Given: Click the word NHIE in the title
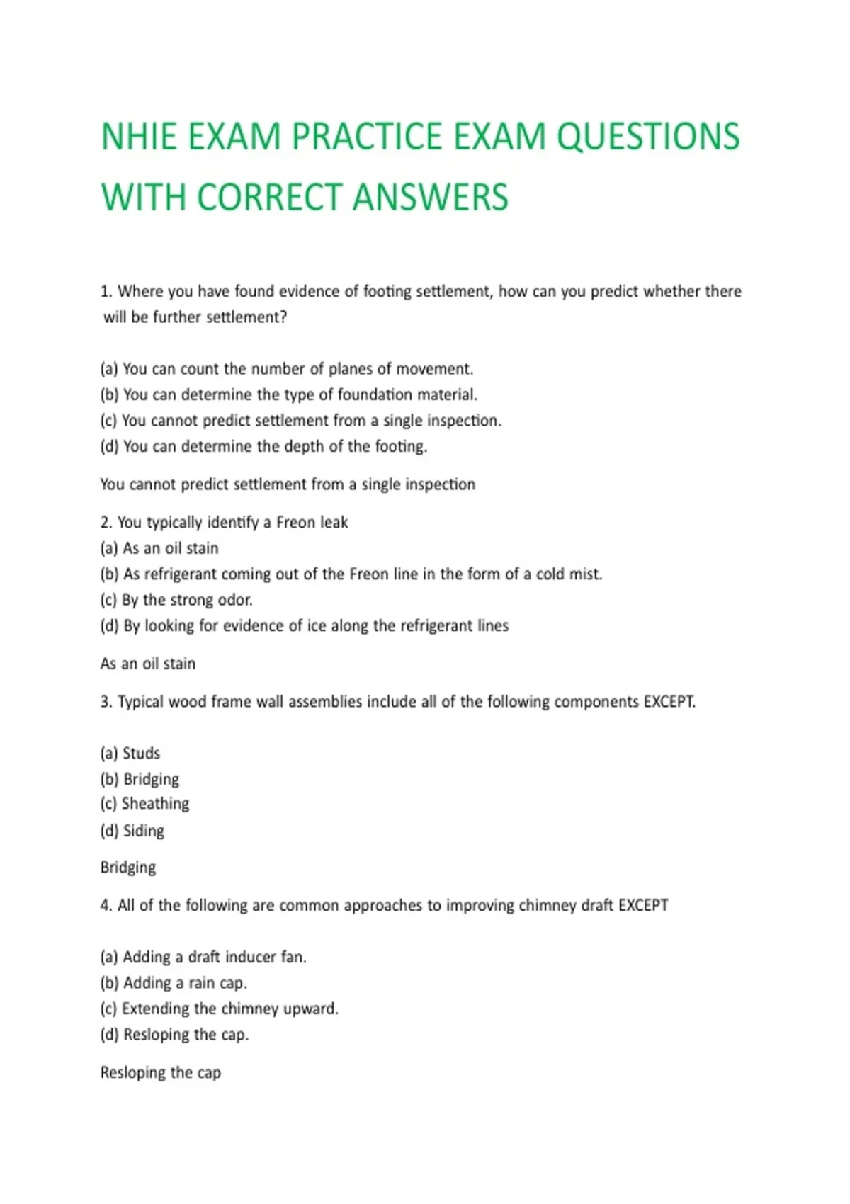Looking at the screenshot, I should click(x=139, y=137).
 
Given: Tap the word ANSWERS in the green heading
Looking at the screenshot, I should click(x=430, y=198).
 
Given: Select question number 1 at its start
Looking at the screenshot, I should click(x=106, y=292).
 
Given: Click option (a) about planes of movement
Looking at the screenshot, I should click(x=286, y=369).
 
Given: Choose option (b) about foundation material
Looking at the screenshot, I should click(x=288, y=394).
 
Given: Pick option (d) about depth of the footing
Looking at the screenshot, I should click(x=263, y=446).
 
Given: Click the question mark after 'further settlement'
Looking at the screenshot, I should click(x=283, y=317).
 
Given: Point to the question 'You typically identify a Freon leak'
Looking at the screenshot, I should click(x=224, y=523).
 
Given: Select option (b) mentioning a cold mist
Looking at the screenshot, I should click(x=351, y=574).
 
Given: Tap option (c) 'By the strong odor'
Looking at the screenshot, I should click(x=176, y=600).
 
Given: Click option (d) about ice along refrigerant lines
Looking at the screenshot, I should click(x=304, y=626).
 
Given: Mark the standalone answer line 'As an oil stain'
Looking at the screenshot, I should click(x=147, y=664).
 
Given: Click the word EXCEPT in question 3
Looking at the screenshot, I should click(x=669, y=702).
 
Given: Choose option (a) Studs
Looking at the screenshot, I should click(x=130, y=754).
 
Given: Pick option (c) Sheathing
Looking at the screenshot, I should click(x=144, y=804).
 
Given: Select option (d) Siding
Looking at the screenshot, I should click(x=132, y=831).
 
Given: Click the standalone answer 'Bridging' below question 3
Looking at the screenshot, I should click(x=128, y=868).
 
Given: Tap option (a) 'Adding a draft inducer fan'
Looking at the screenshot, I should click(x=203, y=958).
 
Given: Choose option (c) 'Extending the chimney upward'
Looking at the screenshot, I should click(x=219, y=1009).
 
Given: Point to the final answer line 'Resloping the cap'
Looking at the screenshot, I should click(x=161, y=1073).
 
